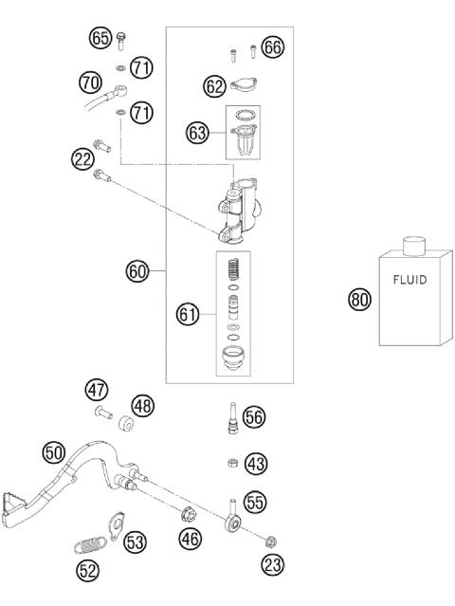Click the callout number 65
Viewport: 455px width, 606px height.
pos(100,39)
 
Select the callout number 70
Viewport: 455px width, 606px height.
pos(90,83)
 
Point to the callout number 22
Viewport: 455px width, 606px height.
pos(81,159)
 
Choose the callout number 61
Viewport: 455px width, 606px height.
pos(189,311)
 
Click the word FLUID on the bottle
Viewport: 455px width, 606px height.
pos(410,280)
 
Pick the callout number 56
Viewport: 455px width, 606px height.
pos(254,416)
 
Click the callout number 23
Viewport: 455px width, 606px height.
pos(271,565)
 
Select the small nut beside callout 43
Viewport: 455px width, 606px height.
pos(231,463)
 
